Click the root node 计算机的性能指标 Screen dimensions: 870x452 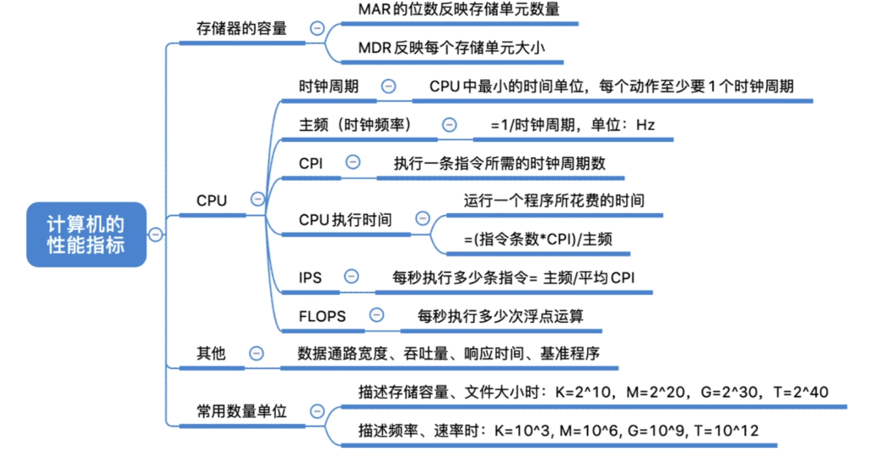pyautogui.click(x=87, y=234)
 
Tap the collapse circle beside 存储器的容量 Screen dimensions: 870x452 pyautogui.click(x=317, y=28)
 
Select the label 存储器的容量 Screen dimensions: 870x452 pyautogui.click(x=241, y=28)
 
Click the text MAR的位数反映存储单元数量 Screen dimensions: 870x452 pyautogui.click(x=459, y=9)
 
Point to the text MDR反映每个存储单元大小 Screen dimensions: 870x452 pyautogui.click(x=452, y=48)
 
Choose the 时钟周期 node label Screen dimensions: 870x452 pyautogui.click(x=329, y=87)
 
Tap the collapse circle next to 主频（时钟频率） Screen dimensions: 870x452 pyautogui.click(x=449, y=125)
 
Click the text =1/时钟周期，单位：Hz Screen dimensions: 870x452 pyautogui.click(x=573, y=125)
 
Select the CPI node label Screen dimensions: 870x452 pyautogui.click(x=311, y=164)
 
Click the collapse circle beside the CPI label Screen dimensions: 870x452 pyautogui.click(x=353, y=162)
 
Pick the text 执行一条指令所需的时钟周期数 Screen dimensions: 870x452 pyautogui.click(x=500, y=164)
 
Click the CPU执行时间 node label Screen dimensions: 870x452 pyautogui.click(x=345, y=220)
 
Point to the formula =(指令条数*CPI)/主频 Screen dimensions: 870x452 pyautogui.click(x=538, y=240)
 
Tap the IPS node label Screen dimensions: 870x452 pyautogui.click(x=310, y=277)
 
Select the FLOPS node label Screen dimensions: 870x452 pyautogui.click(x=322, y=316)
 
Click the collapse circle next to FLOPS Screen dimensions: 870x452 pyautogui.click(x=376, y=315)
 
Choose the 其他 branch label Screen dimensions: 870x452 pyautogui.click(x=211, y=353)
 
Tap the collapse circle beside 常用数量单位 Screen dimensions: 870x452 pyautogui.click(x=317, y=411)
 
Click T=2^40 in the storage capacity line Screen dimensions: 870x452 pyautogui.click(x=800, y=393)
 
